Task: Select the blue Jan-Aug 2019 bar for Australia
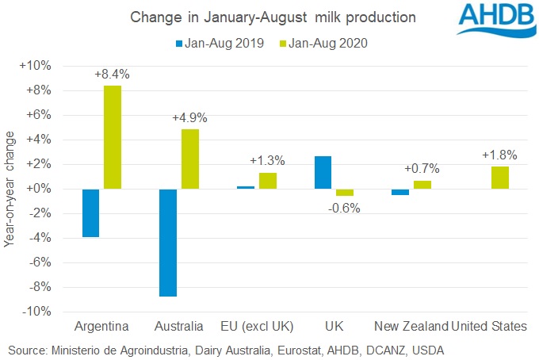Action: pos(167,243)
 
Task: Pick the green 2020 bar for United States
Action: pos(499,178)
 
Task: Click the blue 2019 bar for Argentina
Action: pos(90,213)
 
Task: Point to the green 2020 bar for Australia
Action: pos(189,159)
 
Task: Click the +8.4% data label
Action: pos(113,75)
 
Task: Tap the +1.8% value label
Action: pos(499,155)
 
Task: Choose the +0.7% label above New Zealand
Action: pos(422,169)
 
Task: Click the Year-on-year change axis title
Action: pos(10,189)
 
